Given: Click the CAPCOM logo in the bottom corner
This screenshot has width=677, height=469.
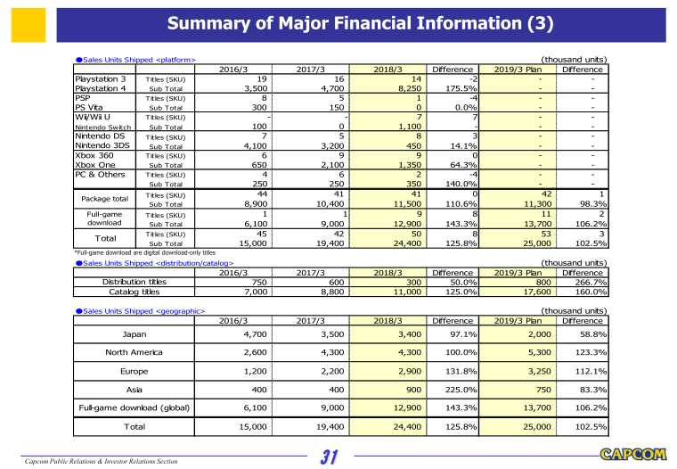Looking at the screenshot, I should (633, 454).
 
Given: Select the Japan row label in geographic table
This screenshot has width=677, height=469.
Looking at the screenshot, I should (130, 334).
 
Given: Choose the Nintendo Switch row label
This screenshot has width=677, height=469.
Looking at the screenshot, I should (100, 128).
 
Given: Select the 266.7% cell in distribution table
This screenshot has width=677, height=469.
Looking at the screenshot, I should (590, 282).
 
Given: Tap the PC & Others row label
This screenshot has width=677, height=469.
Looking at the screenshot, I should (101, 176).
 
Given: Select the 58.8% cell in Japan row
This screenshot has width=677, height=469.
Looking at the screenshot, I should (590, 334).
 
